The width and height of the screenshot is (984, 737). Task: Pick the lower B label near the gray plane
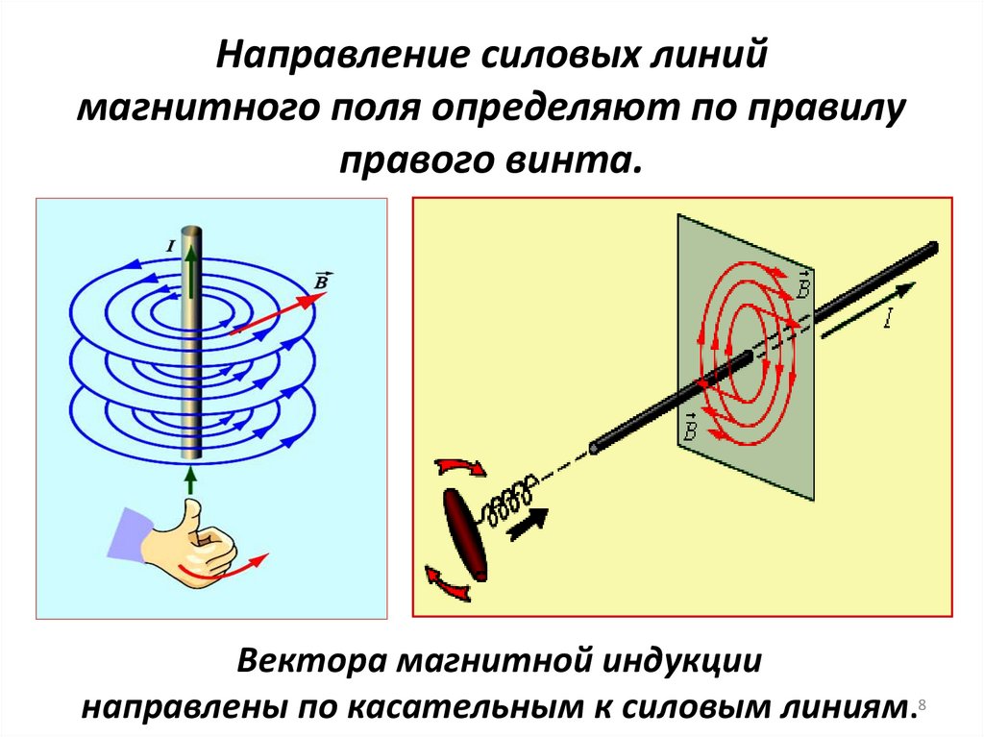pos(688,427)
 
